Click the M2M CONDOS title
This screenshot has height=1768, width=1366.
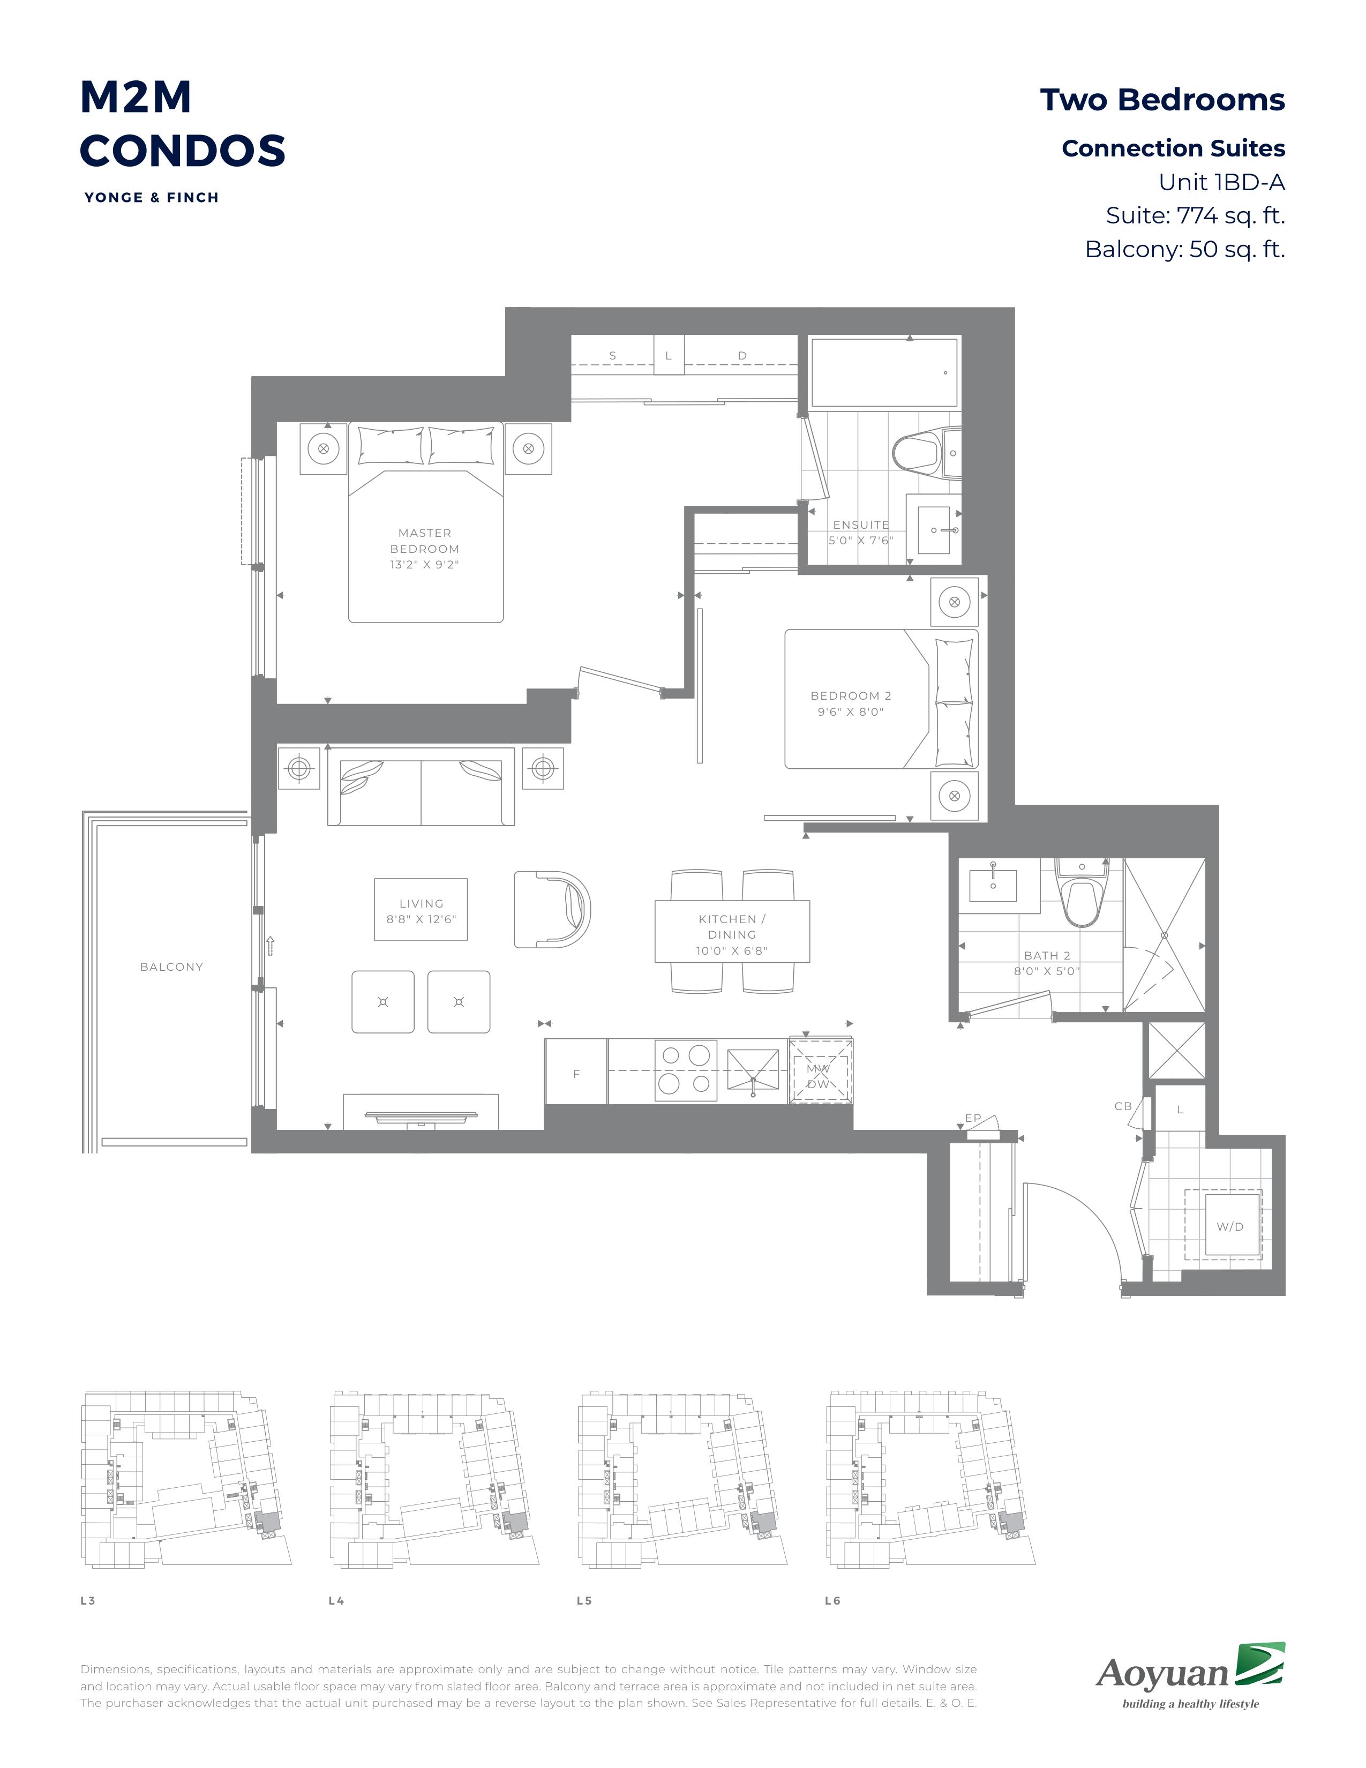click(x=182, y=123)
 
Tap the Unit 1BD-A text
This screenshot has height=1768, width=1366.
click(x=1221, y=182)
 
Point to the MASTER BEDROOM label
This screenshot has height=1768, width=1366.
click(x=425, y=548)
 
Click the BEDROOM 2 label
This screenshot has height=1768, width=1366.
click(x=851, y=703)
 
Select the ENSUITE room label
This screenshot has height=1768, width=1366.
click(x=861, y=525)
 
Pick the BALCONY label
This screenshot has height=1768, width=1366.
click(x=171, y=967)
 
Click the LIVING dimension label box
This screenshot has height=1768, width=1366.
click(x=421, y=910)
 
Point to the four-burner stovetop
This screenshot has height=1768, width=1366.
click(x=686, y=1070)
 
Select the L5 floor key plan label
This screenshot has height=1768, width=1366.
click(x=584, y=1600)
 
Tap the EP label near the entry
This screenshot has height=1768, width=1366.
click(x=973, y=1118)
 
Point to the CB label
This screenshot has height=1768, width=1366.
click(x=1123, y=1106)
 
